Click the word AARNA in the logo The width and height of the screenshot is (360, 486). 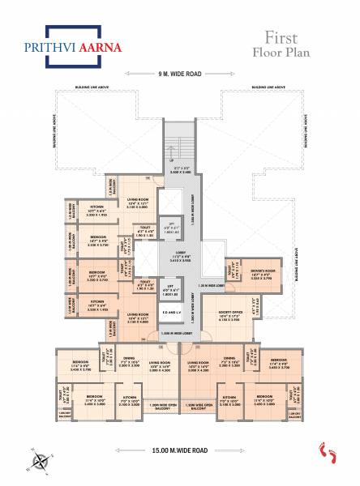[x=101, y=48]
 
